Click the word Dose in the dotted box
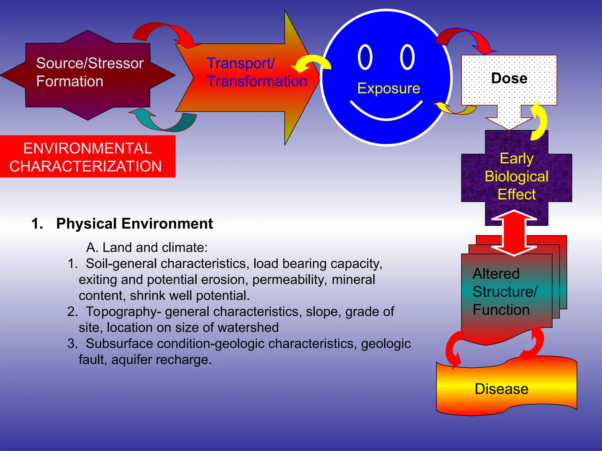point(509,78)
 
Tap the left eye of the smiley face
point(365,57)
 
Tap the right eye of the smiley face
point(407,57)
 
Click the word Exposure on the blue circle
point(389,88)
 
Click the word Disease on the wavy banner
point(501,389)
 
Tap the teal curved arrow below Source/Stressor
point(163,124)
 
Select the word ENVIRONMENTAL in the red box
point(88,148)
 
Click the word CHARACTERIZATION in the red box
point(86,166)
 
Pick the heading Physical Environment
point(134,223)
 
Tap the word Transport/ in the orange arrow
point(240,63)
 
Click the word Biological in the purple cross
point(516,176)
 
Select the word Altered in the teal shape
point(496,274)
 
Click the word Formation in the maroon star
point(70,81)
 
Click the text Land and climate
point(155,248)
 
